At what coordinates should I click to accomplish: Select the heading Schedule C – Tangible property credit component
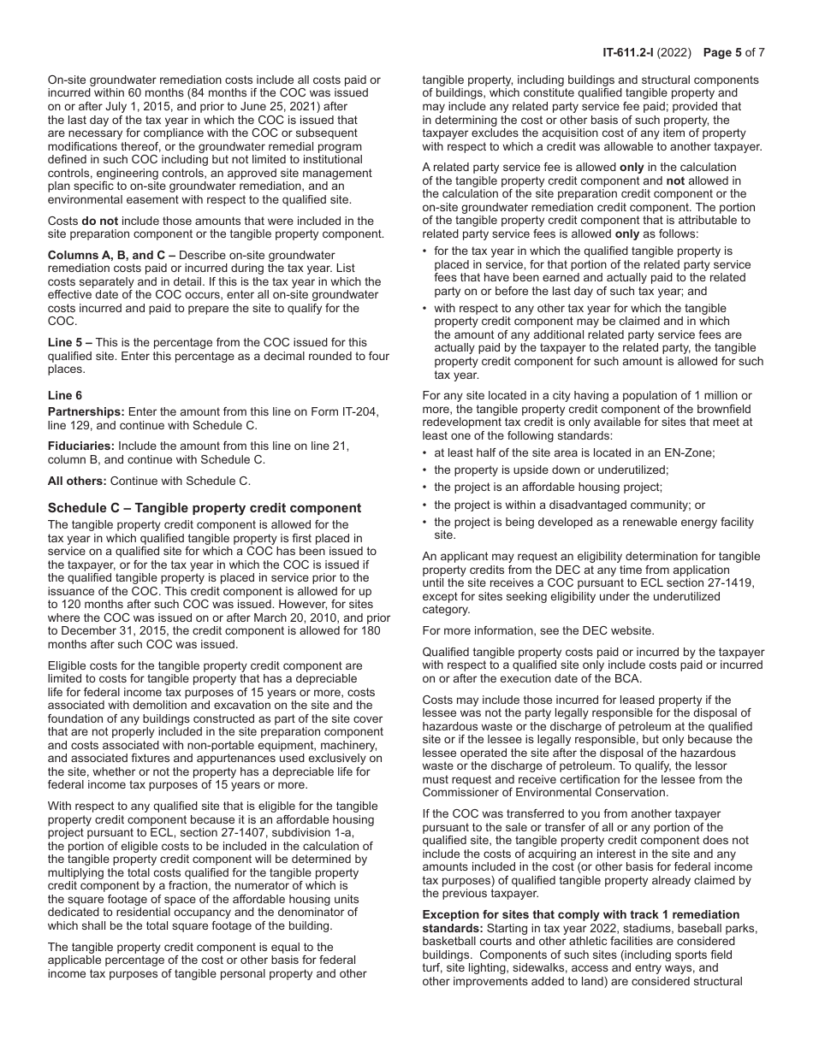[205, 508]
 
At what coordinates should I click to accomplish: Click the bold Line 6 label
[65, 396]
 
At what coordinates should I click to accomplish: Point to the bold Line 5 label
[65, 342]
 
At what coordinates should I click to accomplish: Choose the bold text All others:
[77, 481]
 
